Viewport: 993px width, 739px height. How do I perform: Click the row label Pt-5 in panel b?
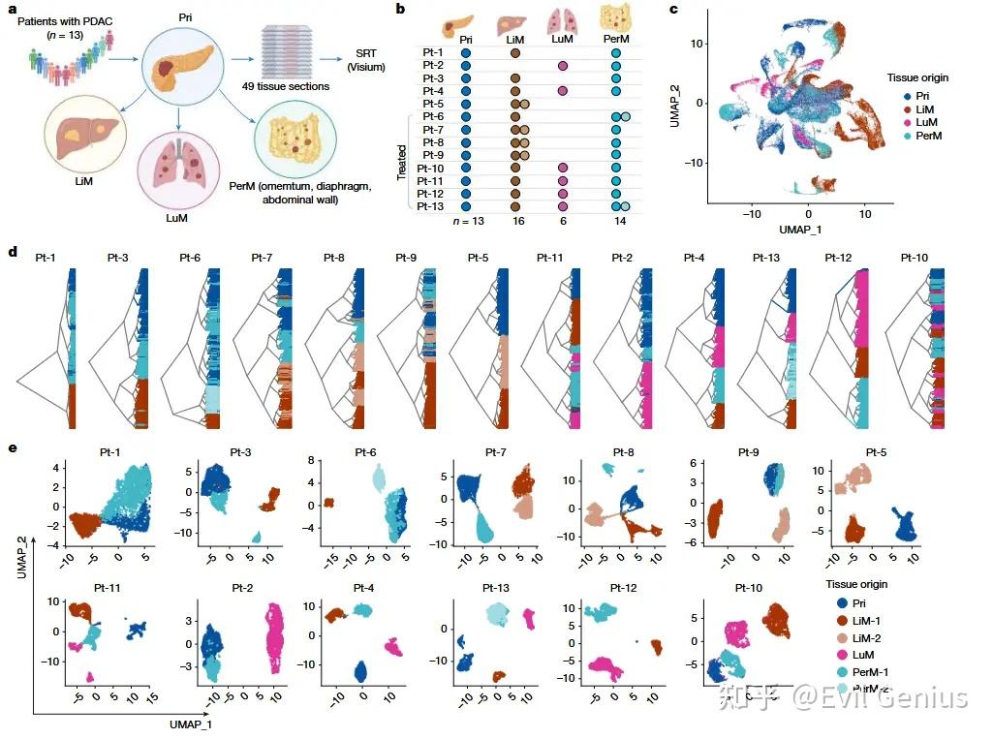click(433, 104)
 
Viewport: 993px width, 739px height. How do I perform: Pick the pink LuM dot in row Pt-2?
click(562, 66)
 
